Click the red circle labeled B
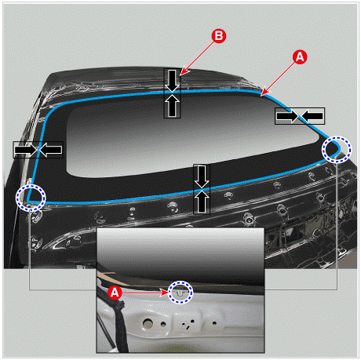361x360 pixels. point(219,36)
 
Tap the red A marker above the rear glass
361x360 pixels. point(300,57)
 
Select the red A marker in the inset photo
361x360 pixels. point(115,293)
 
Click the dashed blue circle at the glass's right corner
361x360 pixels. point(337,150)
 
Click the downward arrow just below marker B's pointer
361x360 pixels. point(172,81)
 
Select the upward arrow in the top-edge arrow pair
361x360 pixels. point(172,106)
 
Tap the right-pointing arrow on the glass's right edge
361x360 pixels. point(287,116)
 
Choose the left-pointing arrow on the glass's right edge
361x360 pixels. point(312,116)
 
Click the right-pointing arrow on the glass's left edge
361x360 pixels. point(26,150)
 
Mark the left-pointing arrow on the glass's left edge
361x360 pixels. point(51,150)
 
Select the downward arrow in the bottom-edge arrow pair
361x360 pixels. point(202,176)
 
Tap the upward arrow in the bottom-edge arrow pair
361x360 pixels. point(202,202)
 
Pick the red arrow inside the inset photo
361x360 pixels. point(145,293)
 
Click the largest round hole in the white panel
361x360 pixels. point(148,323)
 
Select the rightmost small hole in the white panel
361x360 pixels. point(214,323)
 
